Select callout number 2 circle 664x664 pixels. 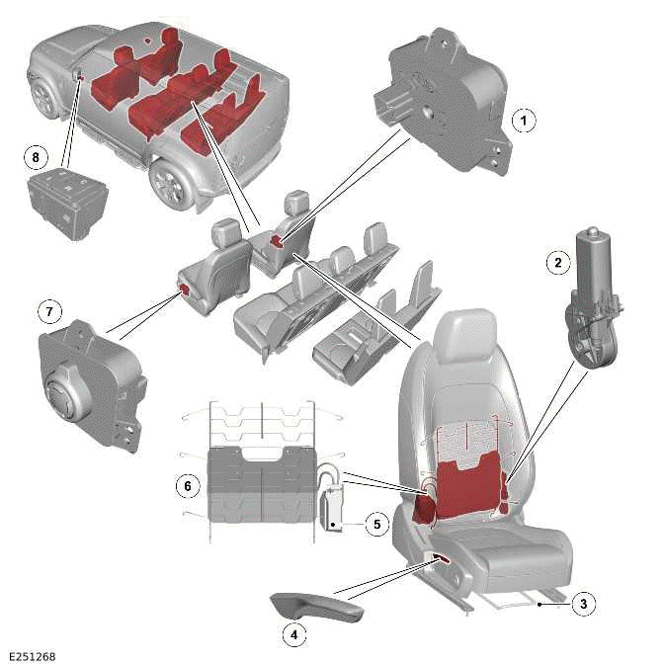click(x=558, y=263)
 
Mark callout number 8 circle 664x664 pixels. click(x=37, y=156)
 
